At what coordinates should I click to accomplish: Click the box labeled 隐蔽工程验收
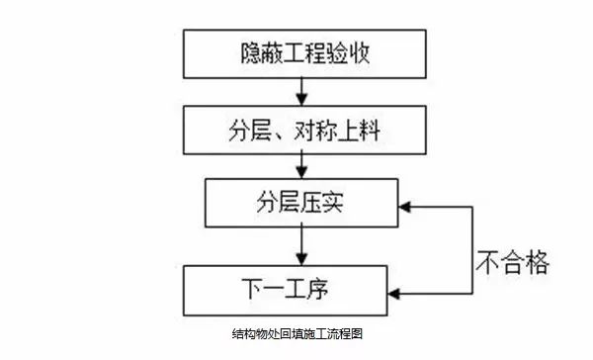click(296, 53)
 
